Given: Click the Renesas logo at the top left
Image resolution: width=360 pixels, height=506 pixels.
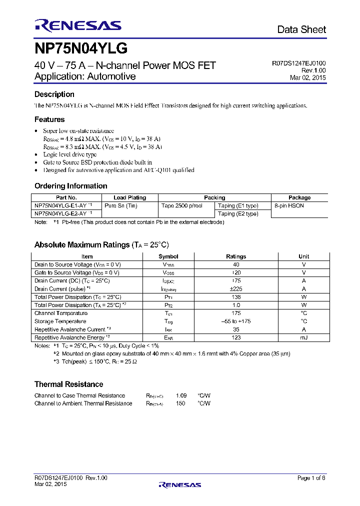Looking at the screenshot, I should pyautogui.click(x=77, y=26).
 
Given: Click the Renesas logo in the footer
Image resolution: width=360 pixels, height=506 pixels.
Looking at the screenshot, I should pyautogui.click(x=179, y=484).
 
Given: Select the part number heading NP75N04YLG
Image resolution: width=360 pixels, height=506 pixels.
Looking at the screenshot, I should pyautogui.click(x=80, y=49).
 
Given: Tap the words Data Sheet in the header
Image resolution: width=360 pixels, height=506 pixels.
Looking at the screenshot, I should pyautogui.click(x=301, y=30).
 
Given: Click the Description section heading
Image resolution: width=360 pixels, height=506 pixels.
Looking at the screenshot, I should pyautogui.click(x=54, y=94).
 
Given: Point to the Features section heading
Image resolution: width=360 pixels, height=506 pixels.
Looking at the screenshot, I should pyautogui.click(x=49, y=119).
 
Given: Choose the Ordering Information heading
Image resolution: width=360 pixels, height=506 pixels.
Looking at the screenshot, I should pyautogui.click(x=70, y=186).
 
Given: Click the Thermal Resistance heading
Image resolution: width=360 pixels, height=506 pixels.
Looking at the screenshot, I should pyautogui.click(x=68, y=384).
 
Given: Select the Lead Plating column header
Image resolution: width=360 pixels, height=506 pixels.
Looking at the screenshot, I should pyautogui.click(x=130, y=197).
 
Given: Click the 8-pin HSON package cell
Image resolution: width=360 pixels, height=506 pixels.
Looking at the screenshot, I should pyautogui.click(x=289, y=205).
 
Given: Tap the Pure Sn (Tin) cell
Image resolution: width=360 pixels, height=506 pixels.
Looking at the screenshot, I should pyautogui.click(x=121, y=205).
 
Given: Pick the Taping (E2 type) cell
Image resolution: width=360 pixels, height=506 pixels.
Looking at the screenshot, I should pyautogui.click(x=238, y=213).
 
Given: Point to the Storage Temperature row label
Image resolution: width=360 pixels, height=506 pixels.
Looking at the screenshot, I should pyautogui.click(x=60, y=321).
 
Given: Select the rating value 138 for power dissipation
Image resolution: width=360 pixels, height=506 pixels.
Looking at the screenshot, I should pyautogui.click(x=236, y=297).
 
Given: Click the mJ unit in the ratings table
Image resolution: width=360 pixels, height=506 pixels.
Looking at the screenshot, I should pyautogui.click(x=303, y=337).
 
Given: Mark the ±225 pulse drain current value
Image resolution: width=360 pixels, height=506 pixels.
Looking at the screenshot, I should pyautogui.click(x=236, y=289).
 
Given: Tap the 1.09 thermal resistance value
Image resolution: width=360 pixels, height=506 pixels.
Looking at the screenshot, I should pyautogui.click(x=180, y=395).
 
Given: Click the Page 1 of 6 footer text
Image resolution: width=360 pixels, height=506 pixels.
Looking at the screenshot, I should pyautogui.click(x=311, y=478).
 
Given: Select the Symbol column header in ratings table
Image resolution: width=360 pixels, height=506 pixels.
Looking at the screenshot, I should pyautogui.click(x=168, y=256).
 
